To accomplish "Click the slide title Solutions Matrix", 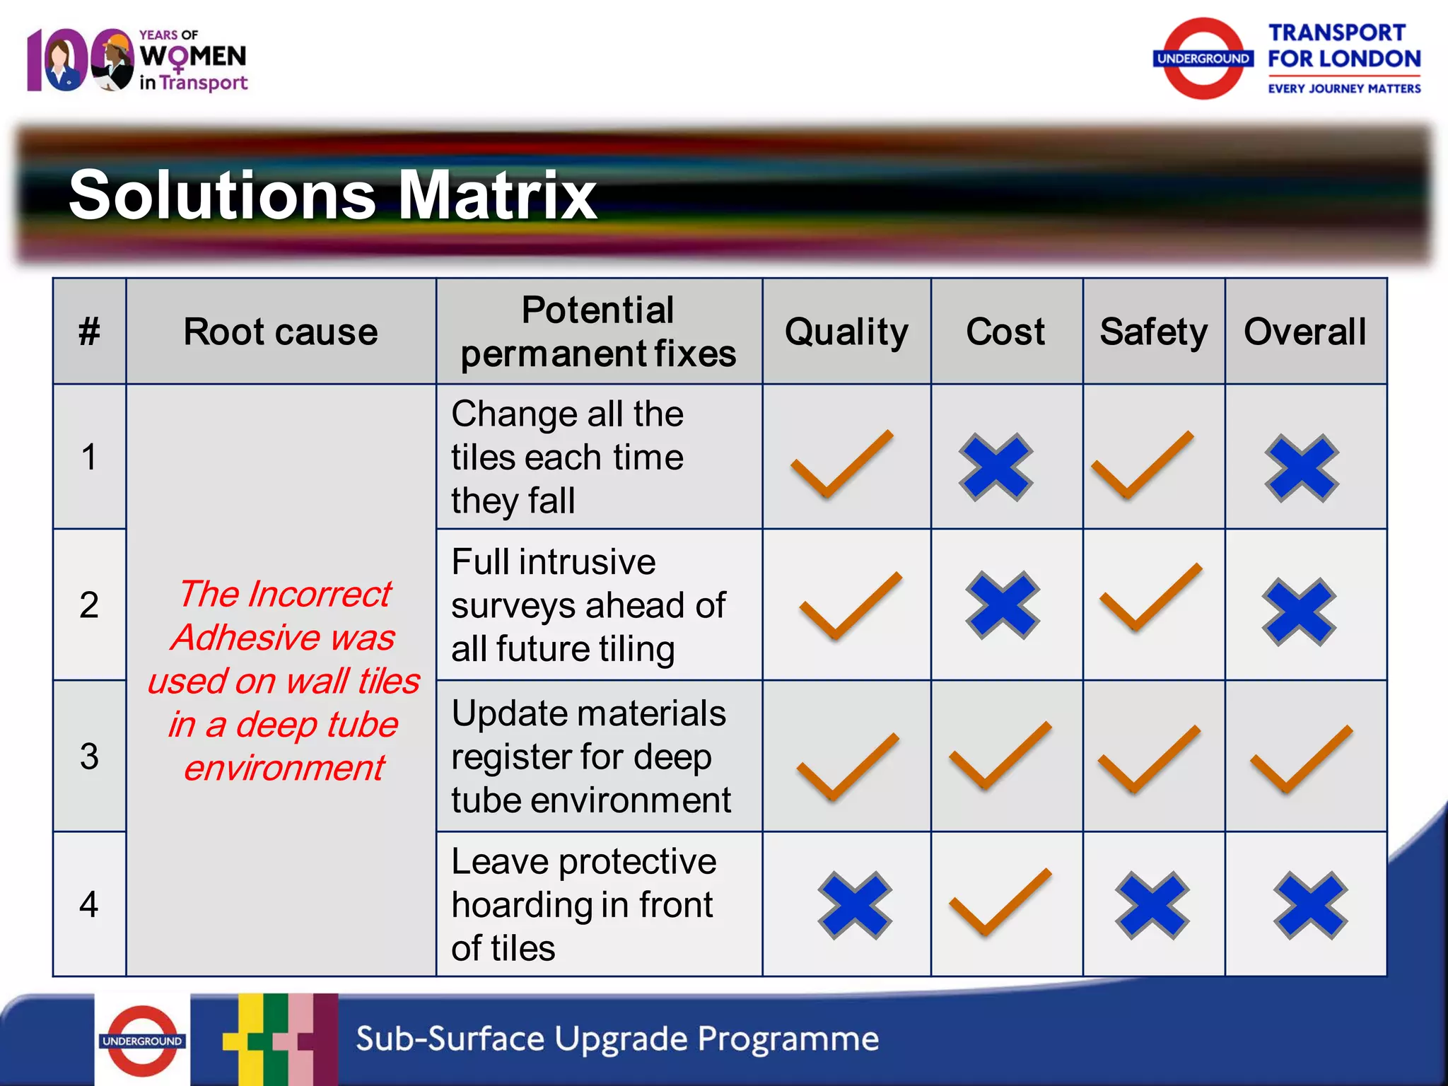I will click(x=332, y=195).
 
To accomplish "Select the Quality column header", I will click(x=846, y=332).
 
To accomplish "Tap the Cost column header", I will click(x=1005, y=332).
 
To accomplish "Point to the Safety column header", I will click(x=1153, y=332).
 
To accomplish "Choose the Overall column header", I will click(x=1304, y=332).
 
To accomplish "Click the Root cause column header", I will click(x=281, y=332).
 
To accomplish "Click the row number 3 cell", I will click(x=89, y=756).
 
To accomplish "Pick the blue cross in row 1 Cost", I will click(x=995, y=467).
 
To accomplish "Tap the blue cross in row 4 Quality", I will click(x=855, y=905).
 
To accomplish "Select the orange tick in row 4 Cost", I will click(x=1000, y=902).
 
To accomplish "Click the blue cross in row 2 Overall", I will click(x=1300, y=612).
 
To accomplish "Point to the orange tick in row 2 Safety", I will click(x=1150, y=597).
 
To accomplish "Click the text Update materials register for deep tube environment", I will click(x=591, y=757).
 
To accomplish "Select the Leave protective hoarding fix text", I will click(x=583, y=904).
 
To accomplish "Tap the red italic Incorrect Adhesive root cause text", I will click(x=284, y=680).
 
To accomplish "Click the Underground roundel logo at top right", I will click(x=1203, y=59).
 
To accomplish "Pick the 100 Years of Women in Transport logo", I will click(x=137, y=60).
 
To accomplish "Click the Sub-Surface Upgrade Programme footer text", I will click(x=617, y=1039).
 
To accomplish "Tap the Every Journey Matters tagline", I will click(x=1344, y=88).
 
